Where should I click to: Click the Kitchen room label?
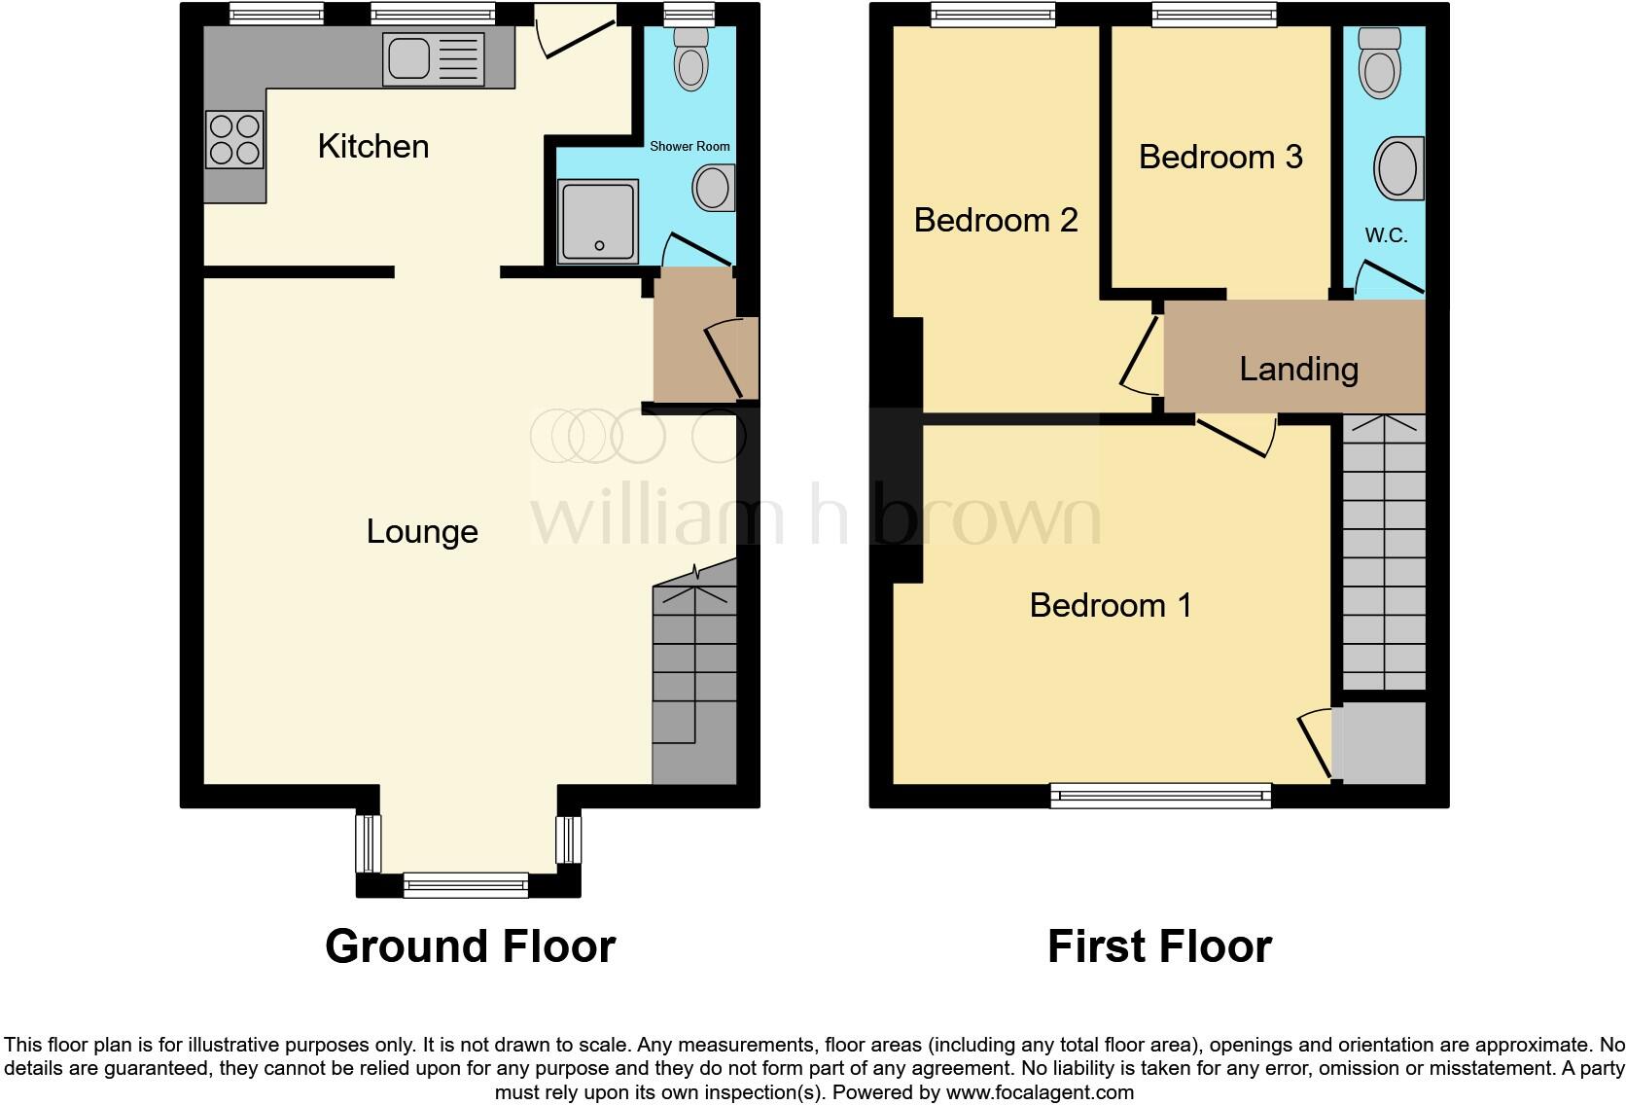(x=373, y=147)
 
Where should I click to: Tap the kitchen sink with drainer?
(x=435, y=58)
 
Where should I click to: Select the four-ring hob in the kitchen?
(x=235, y=139)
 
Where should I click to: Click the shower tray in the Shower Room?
(x=598, y=221)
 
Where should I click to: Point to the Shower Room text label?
(x=689, y=146)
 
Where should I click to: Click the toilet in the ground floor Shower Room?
(x=691, y=59)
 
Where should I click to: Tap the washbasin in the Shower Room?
(x=715, y=188)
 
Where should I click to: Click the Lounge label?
(x=422, y=531)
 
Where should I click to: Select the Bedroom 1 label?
(x=1111, y=605)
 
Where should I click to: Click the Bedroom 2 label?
(x=996, y=220)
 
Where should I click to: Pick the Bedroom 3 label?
(x=1220, y=157)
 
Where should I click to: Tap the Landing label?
(x=1298, y=369)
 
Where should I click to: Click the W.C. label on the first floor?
(x=1386, y=235)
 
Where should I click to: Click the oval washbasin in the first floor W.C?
(x=1398, y=168)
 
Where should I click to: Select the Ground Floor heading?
(x=470, y=946)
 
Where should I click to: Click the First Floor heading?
(x=1159, y=946)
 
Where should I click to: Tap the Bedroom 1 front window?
(x=1161, y=796)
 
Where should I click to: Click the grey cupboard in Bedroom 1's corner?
(x=1382, y=743)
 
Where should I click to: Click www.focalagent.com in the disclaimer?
(x=1040, y=1092)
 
